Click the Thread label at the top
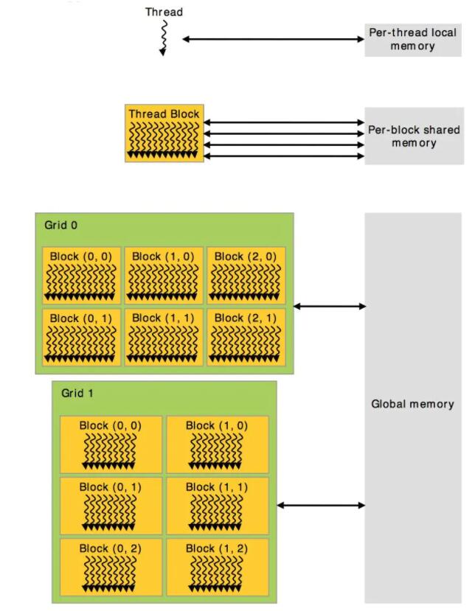coord(164,12)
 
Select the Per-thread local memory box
coord(412,40)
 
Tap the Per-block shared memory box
coord(412,136)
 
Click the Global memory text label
coord(412,404)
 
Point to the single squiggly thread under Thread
coord(164,37)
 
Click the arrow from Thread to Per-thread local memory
coord(271,39)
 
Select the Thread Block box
coord(163,133)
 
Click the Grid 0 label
coord(60,226)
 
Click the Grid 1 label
coord(77,393)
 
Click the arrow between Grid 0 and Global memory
coord(330,306)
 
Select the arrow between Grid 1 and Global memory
coord(321,505)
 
